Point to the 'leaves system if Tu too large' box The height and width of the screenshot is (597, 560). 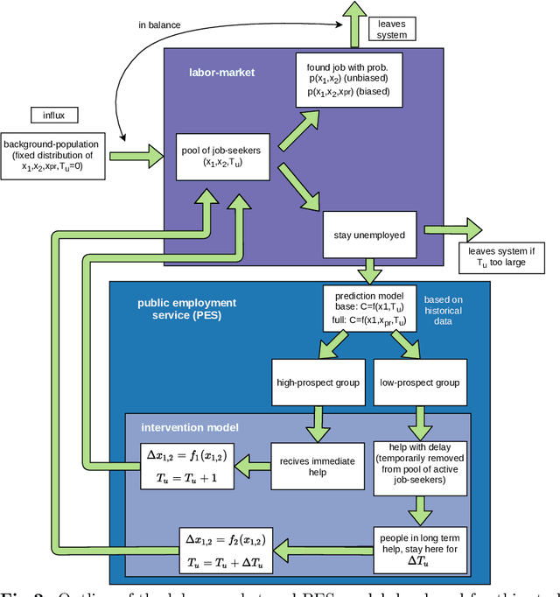[x=501, y=256]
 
